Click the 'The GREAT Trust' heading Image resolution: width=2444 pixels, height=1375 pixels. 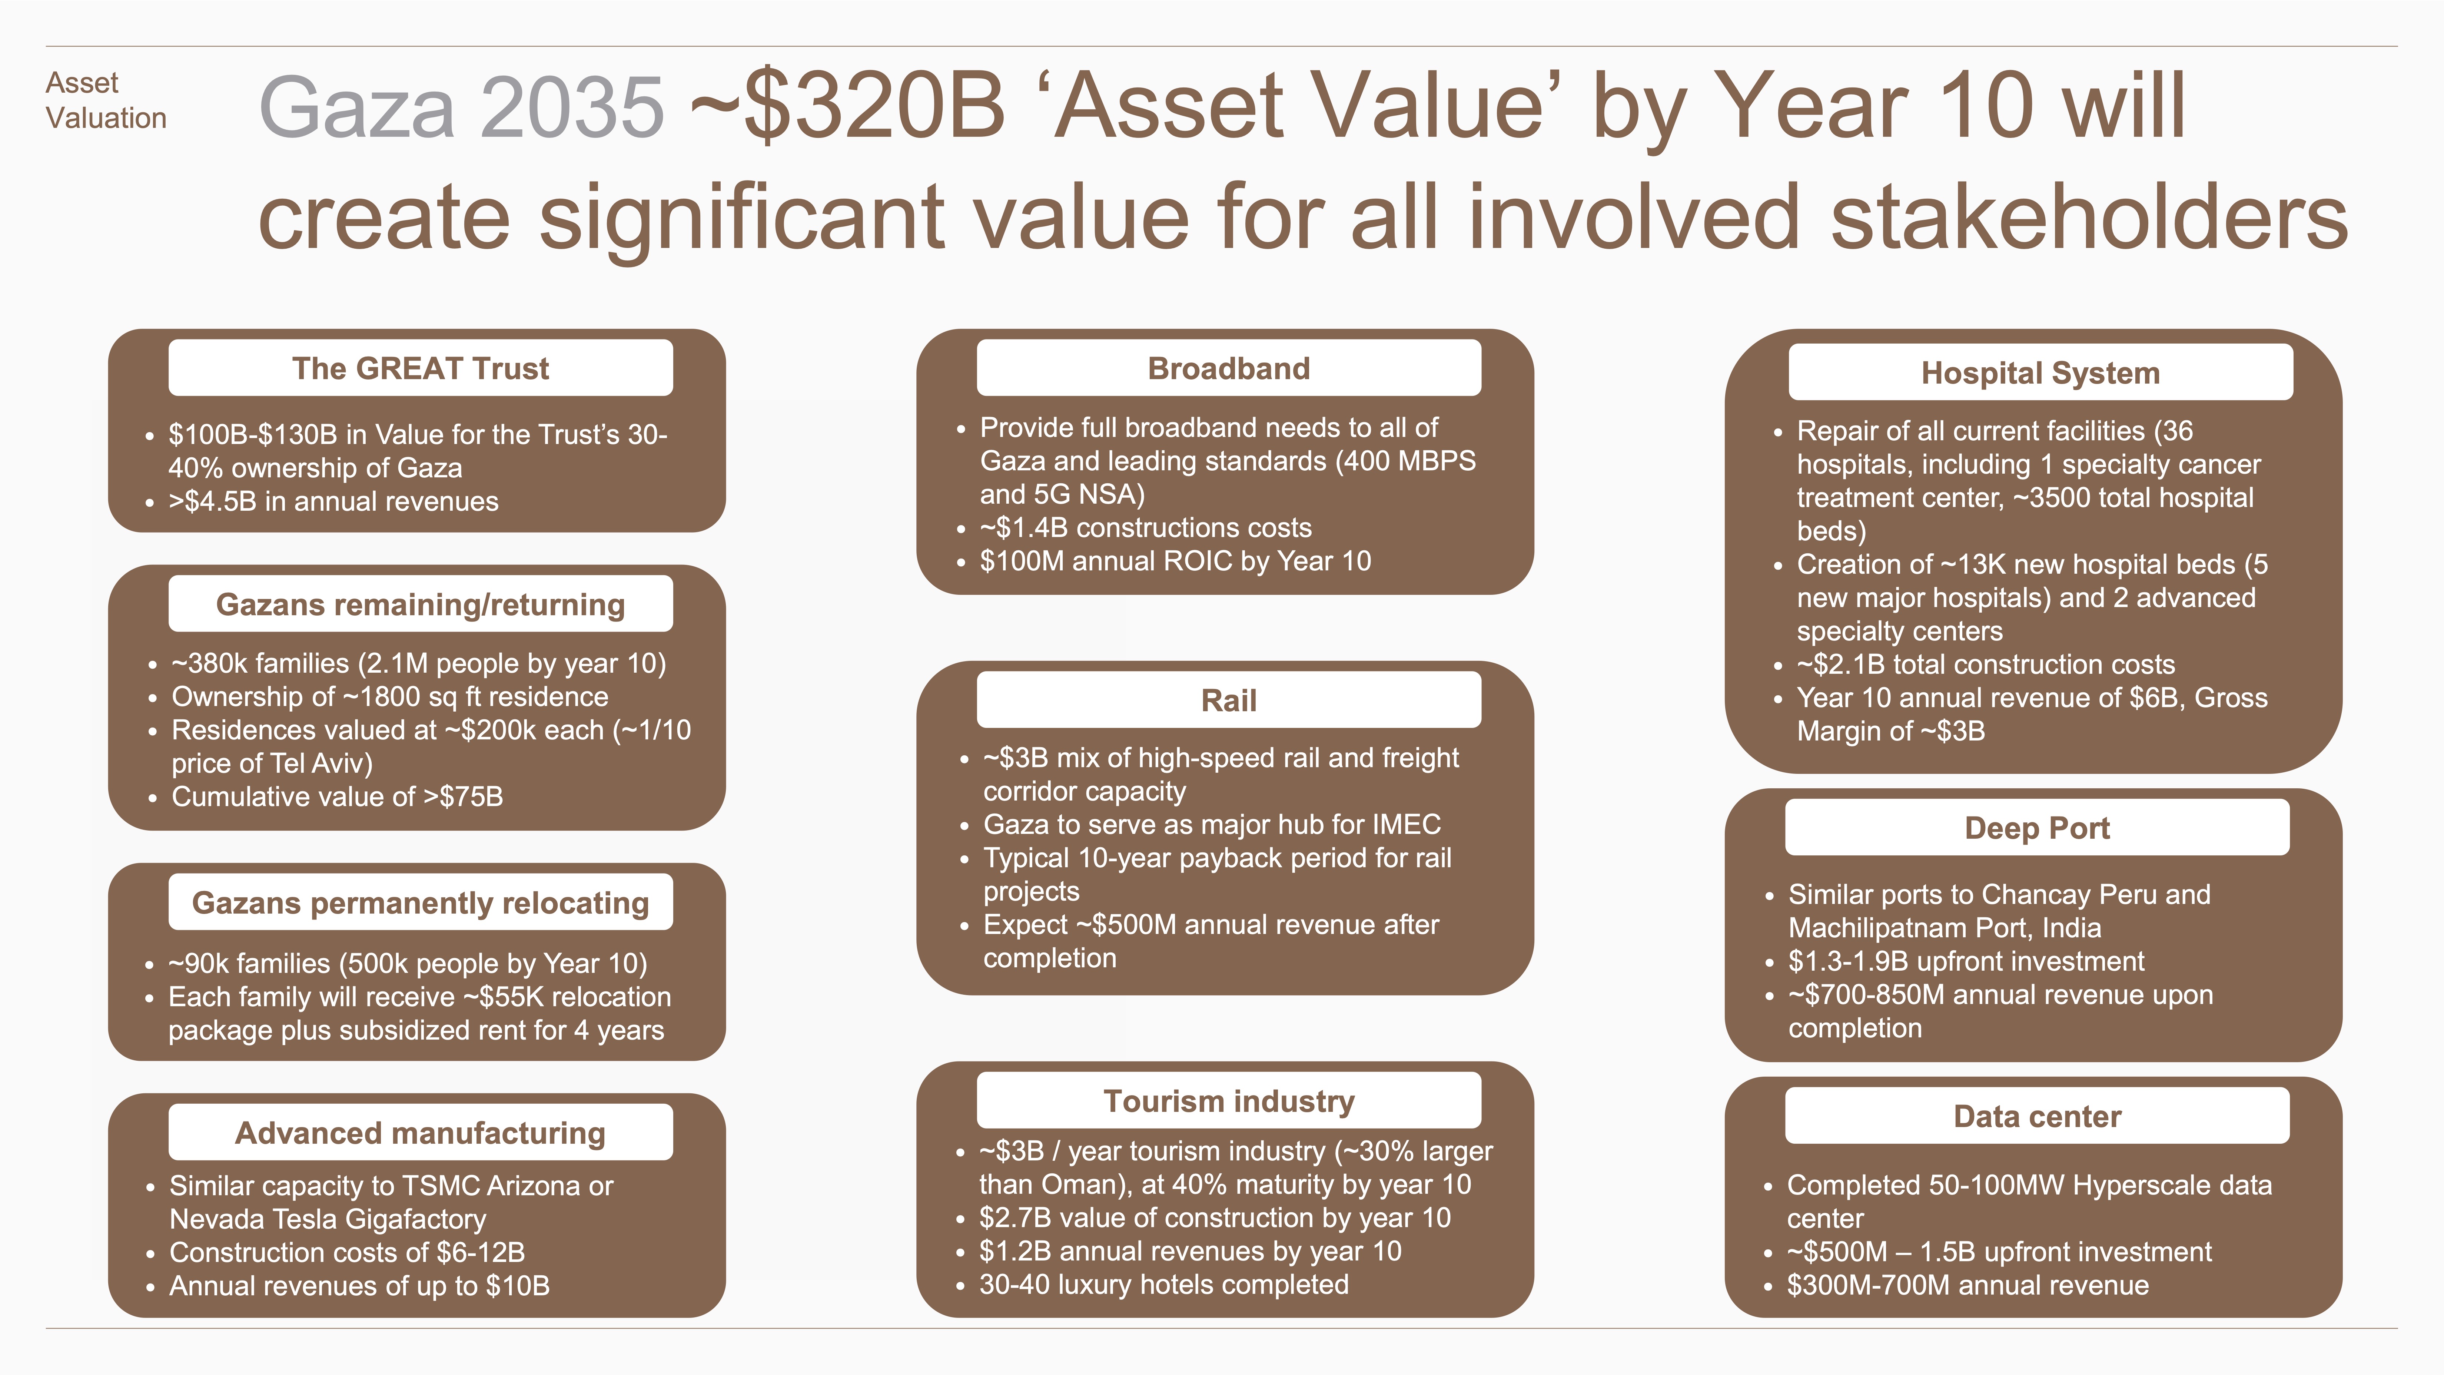(420, 368)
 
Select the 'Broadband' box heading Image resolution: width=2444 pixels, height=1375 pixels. (1229, 368)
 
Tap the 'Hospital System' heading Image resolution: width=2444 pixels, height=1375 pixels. (2041, 373)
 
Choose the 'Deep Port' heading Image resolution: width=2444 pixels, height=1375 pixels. (2037, 828)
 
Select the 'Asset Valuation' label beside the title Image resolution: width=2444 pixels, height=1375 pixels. (105, 100)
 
